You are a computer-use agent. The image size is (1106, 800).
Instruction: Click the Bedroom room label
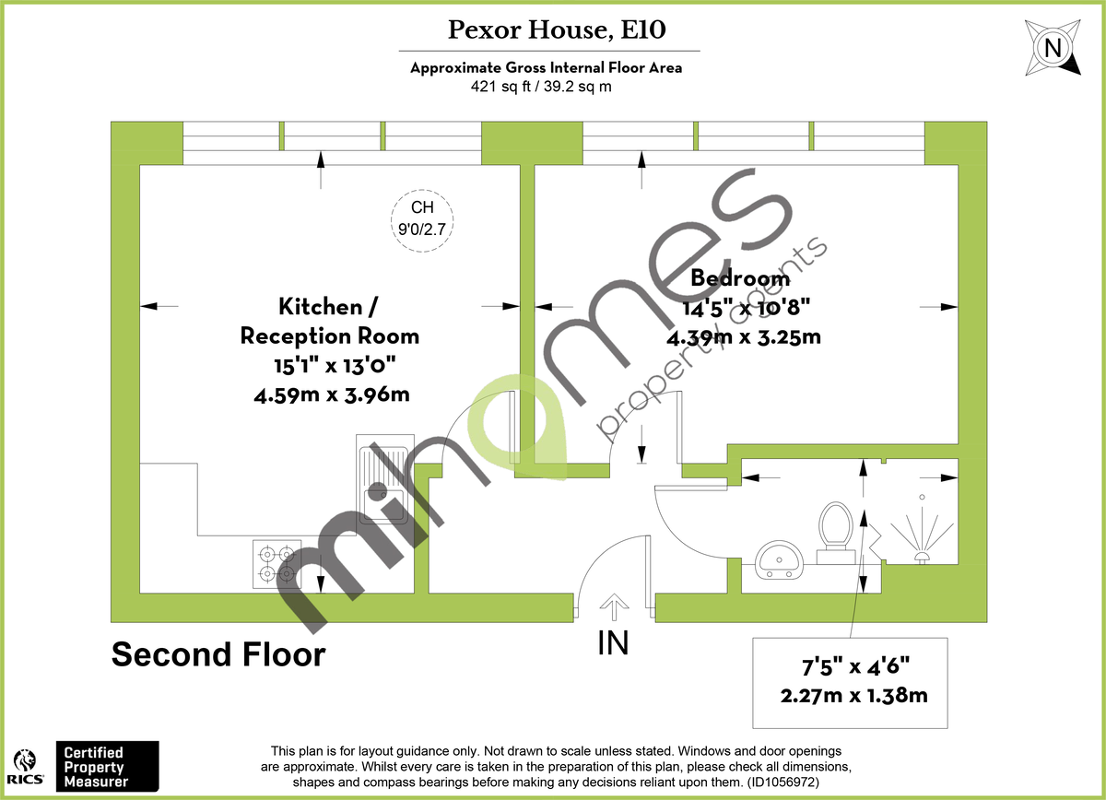click(x=740, y=277)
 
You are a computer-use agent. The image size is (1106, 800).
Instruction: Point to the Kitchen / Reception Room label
click(x=329, y=320)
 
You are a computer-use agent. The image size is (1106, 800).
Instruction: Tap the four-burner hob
click(x=276, y=564)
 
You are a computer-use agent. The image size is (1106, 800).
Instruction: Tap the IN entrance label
click(x=613, y=643)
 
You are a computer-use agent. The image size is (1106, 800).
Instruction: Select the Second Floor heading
click(x=218, y=654)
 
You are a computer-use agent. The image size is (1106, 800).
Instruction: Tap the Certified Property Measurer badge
click(x=107, y=766)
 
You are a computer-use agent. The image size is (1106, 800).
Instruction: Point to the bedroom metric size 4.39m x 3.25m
click(x=743, y=336)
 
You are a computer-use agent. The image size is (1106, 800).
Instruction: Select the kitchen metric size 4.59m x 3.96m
click(x=333, y=394)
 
